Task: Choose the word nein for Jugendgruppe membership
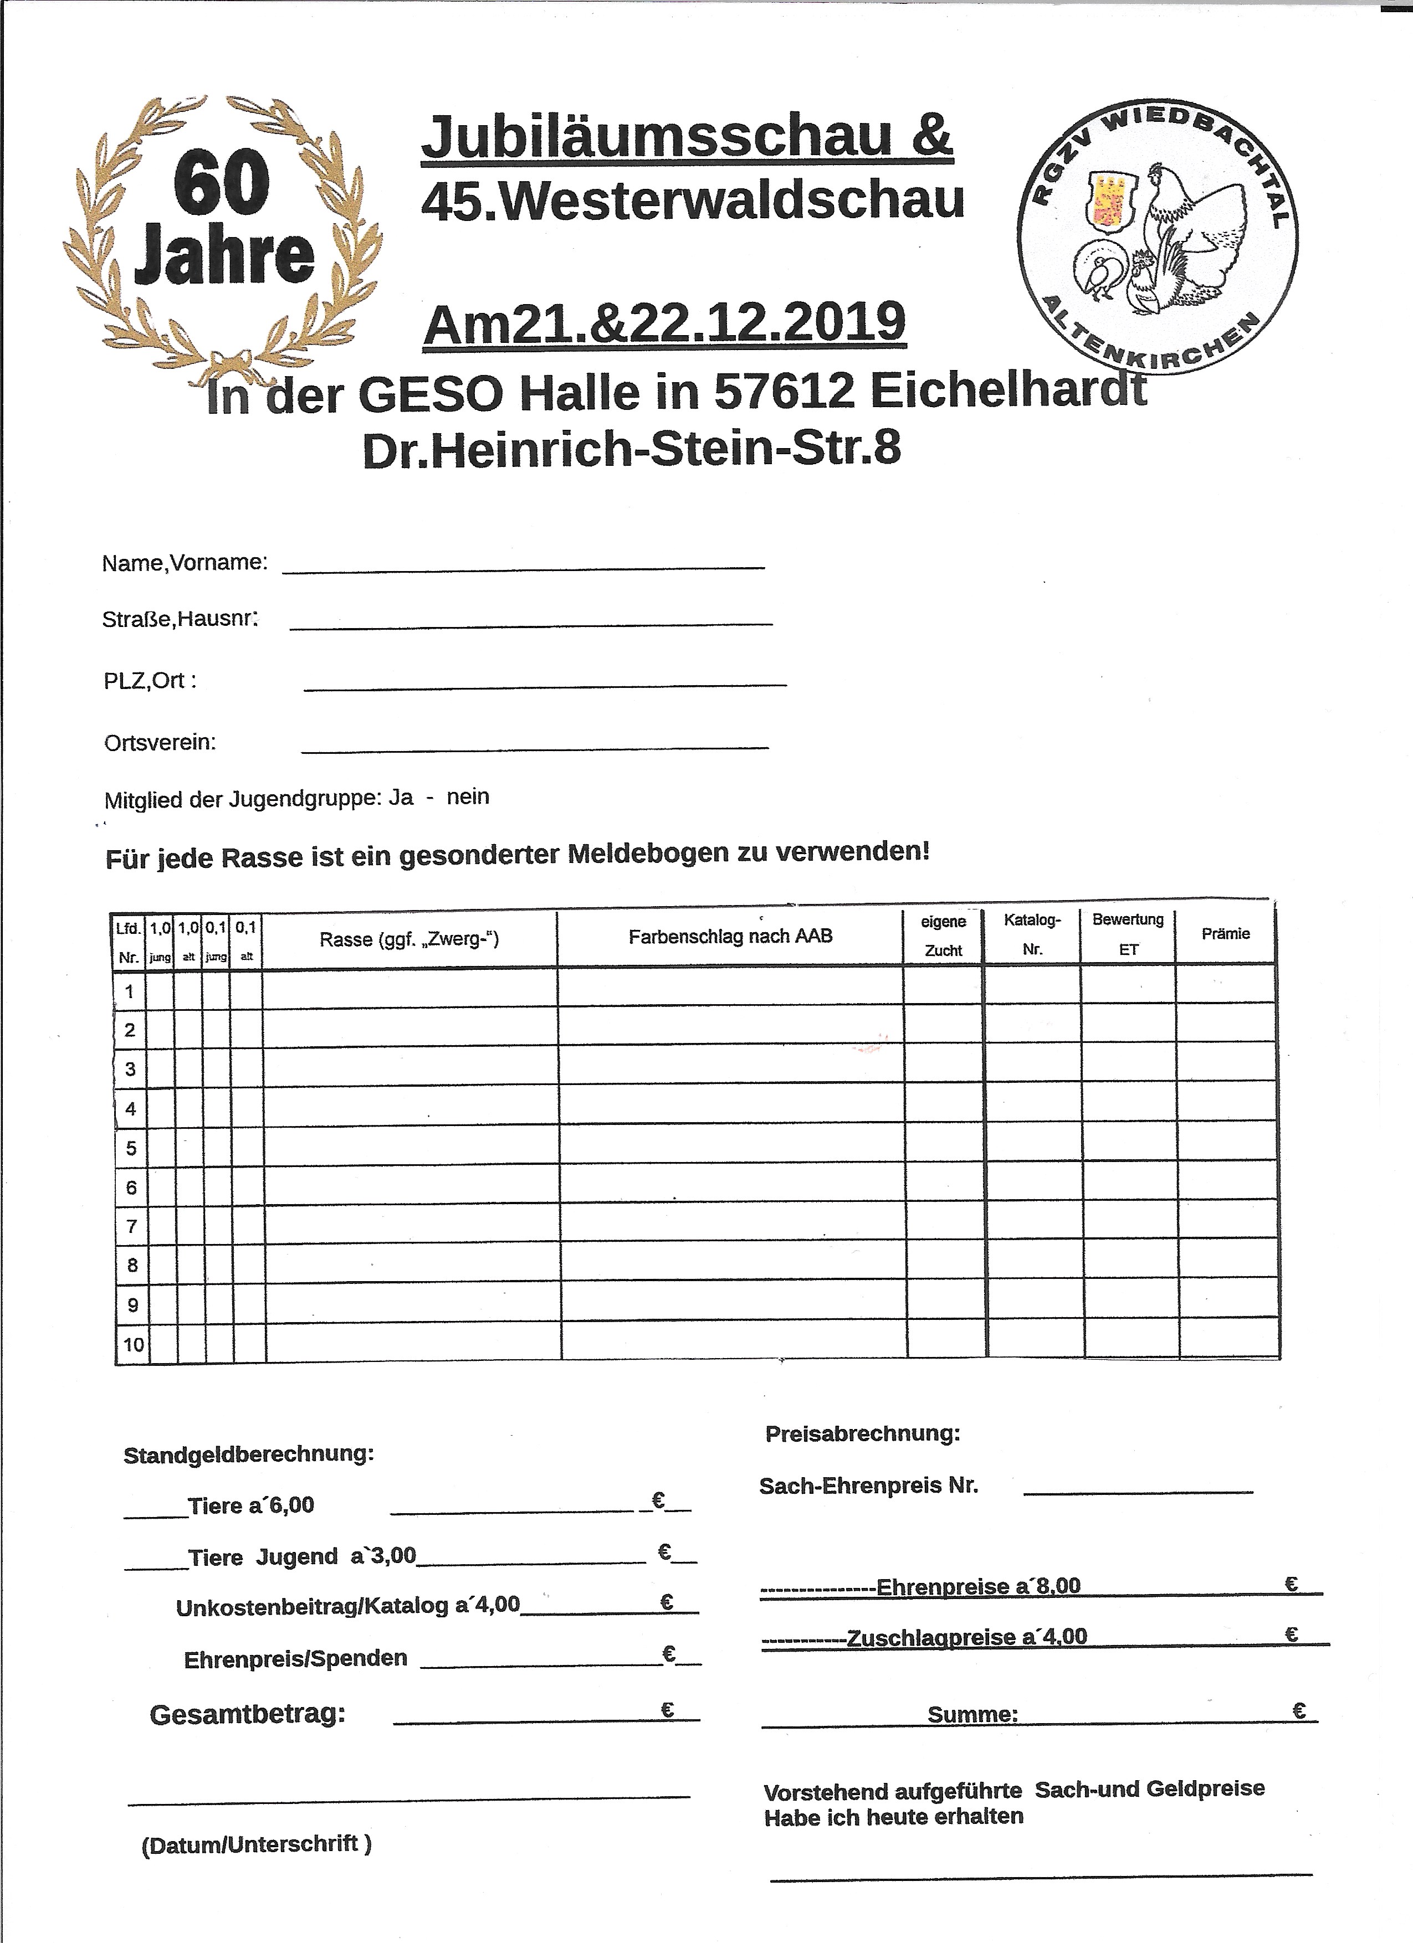tap(468, 796)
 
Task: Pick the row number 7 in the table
tap(131, 1226)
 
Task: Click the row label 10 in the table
tap(133, 1344)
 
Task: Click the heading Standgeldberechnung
tap(248, 1454)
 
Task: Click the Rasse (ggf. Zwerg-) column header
tap(409, 939)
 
